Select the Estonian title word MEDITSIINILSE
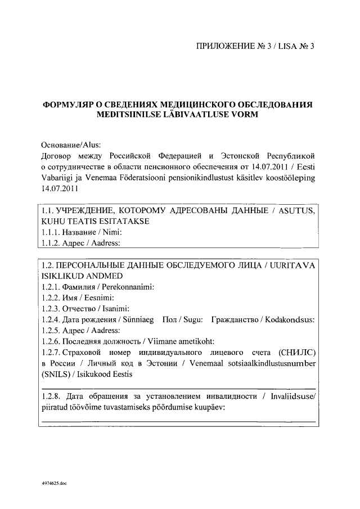[x=130, y=115]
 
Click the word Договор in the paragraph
[x=58, y=155]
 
